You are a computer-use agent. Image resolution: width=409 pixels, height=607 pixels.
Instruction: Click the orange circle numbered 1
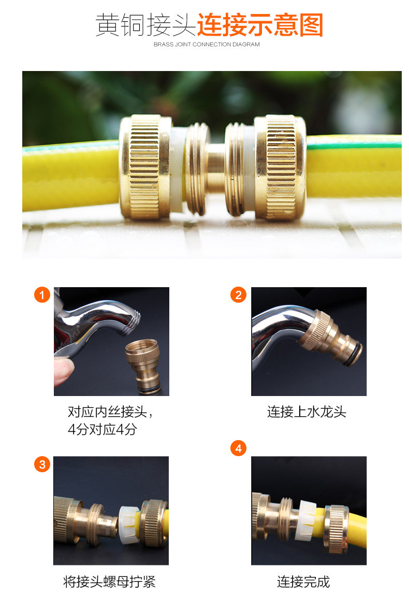tap(42, 295)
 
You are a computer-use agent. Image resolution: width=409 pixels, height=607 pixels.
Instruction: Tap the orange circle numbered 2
tap(238, 295)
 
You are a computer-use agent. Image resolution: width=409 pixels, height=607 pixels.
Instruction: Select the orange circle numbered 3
tap(42, 464)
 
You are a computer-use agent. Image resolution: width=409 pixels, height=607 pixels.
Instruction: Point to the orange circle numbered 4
tap(238, 448)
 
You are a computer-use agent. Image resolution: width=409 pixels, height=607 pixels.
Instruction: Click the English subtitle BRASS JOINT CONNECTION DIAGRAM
tap(207, 45)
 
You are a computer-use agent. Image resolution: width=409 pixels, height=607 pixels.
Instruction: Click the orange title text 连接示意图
tap(260, 25)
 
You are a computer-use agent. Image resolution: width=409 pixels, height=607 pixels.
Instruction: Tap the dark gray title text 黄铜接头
tap(146, 25)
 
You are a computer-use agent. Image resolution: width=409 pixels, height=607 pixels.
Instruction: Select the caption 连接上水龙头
tap(306, 412)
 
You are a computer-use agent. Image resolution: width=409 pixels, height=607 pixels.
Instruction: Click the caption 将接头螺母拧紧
tap(109, 582)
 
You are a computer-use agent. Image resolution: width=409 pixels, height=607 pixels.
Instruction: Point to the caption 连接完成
tap(303, 582)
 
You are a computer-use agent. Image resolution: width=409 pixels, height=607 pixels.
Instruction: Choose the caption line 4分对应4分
tap(103, 429)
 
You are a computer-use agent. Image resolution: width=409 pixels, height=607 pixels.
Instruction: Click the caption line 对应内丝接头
tap(108, 412)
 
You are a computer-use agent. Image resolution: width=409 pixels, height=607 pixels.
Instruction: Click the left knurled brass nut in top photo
tap(145, 167)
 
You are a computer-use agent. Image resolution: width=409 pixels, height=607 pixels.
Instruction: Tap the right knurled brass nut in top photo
tap(280, 167)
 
